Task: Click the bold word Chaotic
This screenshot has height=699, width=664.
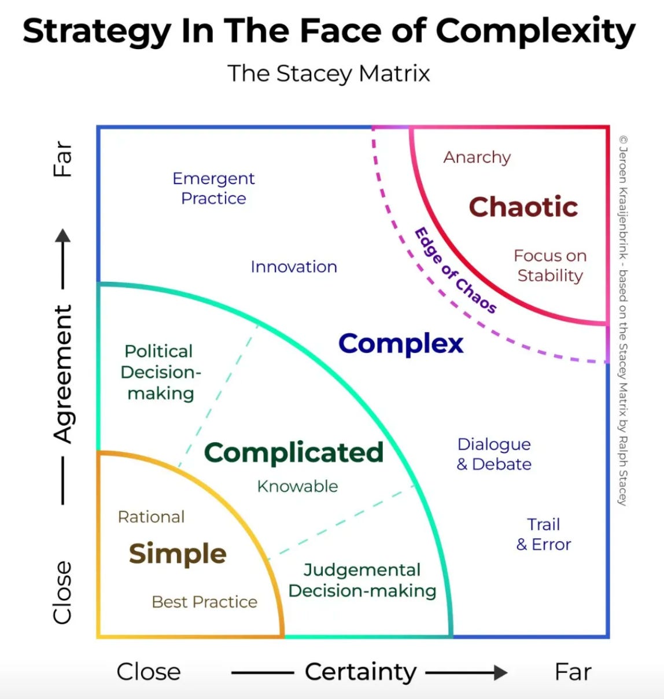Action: tap(523, 207)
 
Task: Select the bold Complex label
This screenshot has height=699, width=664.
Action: tap(401, 343)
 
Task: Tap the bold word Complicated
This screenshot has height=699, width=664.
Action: tap(294, 452)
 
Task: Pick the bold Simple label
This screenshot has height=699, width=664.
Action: tap(178, 553)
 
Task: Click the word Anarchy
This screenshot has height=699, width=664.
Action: tap(477, 157)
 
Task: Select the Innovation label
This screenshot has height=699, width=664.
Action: tap(294, 267)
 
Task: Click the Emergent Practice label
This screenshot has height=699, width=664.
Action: tap(213, 188)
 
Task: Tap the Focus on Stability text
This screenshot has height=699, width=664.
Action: tap(550, 266)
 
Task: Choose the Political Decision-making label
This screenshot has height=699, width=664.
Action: tap(160, 372)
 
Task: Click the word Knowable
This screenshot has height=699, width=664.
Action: tap(297, 486)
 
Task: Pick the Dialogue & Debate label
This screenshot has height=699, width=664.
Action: tap(494, 454)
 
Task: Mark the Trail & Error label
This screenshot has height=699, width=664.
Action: tap(544, 534)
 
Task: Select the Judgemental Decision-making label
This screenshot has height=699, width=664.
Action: tap(362, 580)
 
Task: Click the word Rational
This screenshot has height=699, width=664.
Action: tap(152, 517)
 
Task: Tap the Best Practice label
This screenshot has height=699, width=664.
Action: tap(204, 602)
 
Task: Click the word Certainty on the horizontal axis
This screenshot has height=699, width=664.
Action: tap(360, 672)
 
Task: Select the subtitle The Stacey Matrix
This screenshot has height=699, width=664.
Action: tap(329, 73)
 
